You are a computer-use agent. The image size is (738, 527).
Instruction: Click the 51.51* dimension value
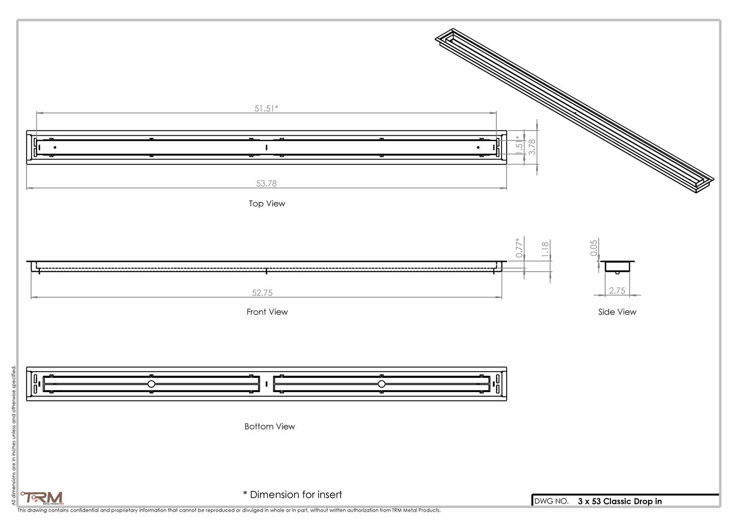[266, 108]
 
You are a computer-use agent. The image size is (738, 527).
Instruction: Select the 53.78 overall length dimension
[267, 183]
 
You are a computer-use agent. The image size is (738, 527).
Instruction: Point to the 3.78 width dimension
[532, 147]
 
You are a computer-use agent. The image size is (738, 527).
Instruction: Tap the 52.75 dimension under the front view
[262, 293]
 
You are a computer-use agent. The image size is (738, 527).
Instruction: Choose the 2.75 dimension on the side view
[617, 291]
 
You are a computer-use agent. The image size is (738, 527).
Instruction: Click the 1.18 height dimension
[545, 249]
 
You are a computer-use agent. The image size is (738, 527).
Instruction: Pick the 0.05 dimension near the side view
[593, 248]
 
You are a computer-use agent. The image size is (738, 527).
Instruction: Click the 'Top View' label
[267, 204]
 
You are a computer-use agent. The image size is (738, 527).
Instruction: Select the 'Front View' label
[267, 312]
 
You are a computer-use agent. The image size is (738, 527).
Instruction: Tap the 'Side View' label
[617, 312]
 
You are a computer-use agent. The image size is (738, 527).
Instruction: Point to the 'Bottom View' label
[270, 426]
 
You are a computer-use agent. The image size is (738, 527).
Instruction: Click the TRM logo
[42, 498]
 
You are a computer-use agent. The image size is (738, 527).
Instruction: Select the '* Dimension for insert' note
[293, 494]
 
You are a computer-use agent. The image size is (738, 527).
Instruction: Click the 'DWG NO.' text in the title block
[552, 501]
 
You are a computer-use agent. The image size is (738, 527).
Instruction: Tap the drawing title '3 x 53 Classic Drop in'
[620, 501]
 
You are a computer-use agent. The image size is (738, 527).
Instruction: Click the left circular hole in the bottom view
[151, 384]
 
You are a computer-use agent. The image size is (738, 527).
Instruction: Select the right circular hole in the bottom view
[382, 384]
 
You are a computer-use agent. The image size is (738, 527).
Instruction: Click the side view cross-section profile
[617, 267]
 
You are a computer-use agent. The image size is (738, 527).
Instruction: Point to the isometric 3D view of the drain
[575, 111]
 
